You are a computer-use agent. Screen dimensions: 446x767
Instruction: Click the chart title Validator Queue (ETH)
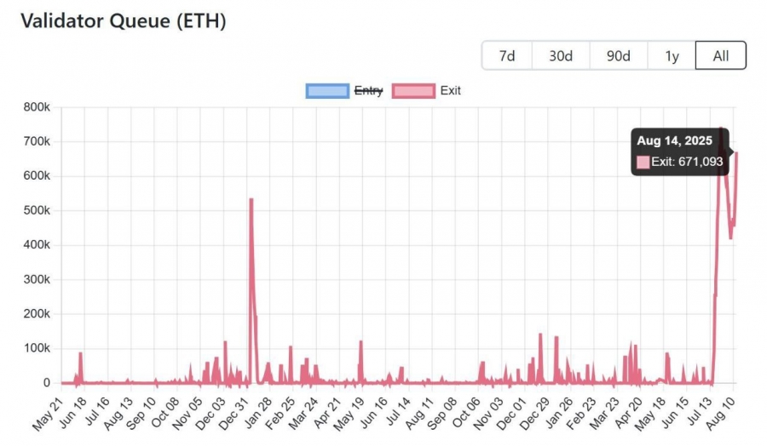(123, 22)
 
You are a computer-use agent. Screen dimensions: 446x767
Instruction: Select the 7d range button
(507, 56)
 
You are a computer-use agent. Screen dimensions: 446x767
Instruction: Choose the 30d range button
(560, 56)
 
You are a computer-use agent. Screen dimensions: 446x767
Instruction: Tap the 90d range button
(618, 56)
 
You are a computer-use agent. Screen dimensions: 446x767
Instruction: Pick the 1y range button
(672, 56)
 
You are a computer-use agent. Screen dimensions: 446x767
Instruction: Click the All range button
(720, 56)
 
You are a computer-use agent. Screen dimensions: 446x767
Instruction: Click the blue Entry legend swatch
(327, 90)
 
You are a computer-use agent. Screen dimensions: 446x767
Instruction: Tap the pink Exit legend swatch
(412, 90)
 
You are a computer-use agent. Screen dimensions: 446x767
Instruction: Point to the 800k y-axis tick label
(37, 107)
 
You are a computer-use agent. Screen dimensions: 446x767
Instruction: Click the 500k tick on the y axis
(37, 211)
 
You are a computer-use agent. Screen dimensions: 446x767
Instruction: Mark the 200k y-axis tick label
(37, 314)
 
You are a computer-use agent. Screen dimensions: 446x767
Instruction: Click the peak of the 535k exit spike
(251, 199)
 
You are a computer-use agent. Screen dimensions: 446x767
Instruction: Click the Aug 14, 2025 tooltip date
(674, 140)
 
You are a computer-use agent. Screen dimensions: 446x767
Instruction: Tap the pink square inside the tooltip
(643, 162)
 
